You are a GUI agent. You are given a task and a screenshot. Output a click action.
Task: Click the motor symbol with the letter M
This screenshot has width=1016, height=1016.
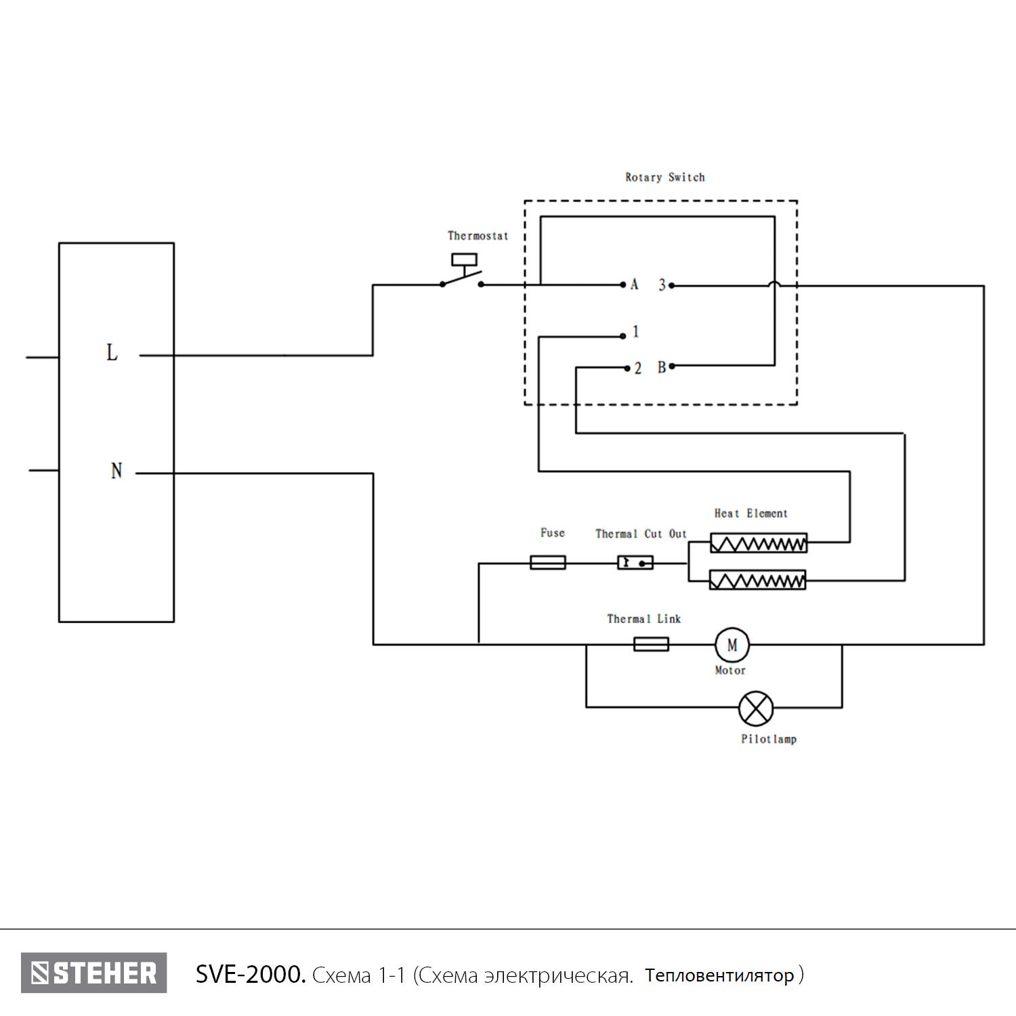732,645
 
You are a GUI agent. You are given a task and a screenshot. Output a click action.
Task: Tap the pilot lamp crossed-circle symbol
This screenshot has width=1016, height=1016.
755,708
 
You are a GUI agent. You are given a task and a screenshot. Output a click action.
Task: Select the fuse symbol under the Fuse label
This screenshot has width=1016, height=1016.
548,562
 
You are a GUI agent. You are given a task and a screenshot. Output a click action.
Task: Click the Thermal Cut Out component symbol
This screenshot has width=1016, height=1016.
635,562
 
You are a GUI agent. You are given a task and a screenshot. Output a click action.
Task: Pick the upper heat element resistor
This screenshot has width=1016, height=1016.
759,543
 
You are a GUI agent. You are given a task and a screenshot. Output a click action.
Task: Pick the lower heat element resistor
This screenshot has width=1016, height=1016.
757,580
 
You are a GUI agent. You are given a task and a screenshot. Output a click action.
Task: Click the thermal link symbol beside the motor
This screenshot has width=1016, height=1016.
651,644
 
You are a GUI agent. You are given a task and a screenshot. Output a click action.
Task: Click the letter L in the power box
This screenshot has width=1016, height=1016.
112,352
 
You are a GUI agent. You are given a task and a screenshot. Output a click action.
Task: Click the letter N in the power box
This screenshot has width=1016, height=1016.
117,471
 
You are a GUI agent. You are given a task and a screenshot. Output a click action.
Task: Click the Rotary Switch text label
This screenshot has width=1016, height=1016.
664,177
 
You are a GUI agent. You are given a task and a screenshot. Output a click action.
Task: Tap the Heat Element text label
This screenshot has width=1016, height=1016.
750,513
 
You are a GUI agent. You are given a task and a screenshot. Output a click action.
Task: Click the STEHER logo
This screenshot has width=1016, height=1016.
94,973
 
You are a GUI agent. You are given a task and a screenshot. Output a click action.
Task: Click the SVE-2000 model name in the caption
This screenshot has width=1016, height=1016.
250,975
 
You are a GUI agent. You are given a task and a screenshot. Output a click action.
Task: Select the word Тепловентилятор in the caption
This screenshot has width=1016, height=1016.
719,975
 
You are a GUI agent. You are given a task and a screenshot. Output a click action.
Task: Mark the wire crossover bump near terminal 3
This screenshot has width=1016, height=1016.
775,284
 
